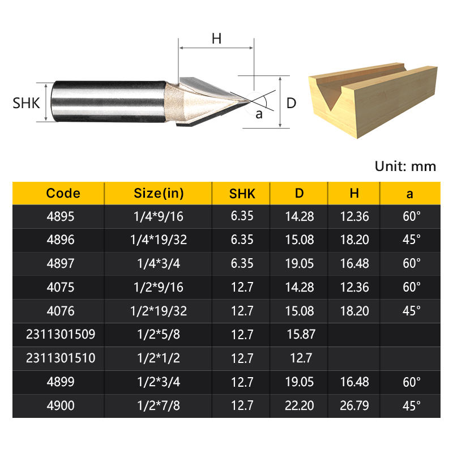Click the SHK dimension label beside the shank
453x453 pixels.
click(26, 103)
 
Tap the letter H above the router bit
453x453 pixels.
click(216, 39)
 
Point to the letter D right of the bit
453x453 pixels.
click(291, 103)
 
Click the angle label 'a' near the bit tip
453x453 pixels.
click(259, 114)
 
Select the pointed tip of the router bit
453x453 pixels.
click(250, 101)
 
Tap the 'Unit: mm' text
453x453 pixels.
click(405, 166)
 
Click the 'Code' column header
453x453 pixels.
click(63, 193)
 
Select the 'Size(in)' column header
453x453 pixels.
click(159, 193)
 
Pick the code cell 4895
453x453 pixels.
click(61, 216)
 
